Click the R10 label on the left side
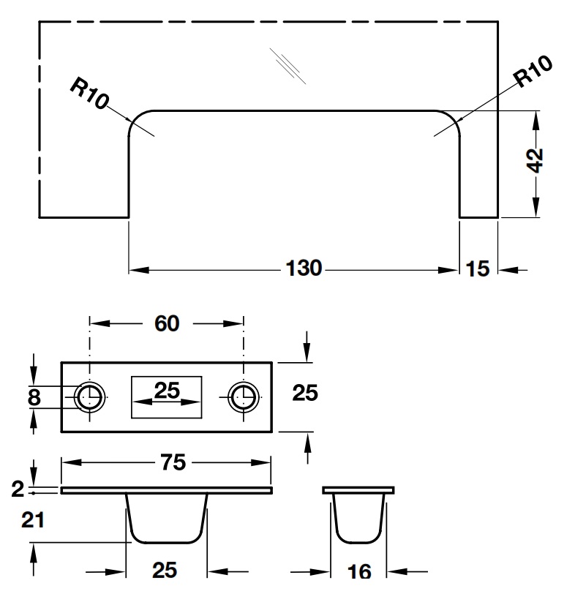[x=90, y=94]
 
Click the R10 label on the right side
[x=533, y=73]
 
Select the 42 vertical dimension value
[x=536, y=161]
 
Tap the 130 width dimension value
[x=303, y=268]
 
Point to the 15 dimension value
[x=477, y=269]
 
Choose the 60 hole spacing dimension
[x=167, y=323]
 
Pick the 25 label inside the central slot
[x=167, y=391]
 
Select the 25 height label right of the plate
[x=305, y=393]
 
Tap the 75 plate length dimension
[x=173, y=462]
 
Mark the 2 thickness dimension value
[x=18, y=490]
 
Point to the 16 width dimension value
[x=359, y=571]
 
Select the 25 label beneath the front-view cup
[x=165, y=570]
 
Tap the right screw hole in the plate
[x=242, y=397]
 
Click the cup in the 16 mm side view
[x=358, y=518]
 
